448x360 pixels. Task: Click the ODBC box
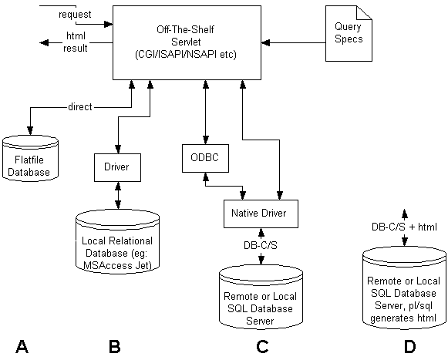[x=205, y=158]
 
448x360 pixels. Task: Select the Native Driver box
[x=261, y=214]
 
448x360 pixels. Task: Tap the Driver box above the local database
[x=117, y=167]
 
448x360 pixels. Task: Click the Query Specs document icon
[x=349, y=33]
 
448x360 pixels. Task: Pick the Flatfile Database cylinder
[x=30, y=158]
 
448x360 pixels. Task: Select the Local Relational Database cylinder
[x=117, y=242]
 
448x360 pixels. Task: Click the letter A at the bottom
[x=22, y=347]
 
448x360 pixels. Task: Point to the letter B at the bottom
[x=115, y=347]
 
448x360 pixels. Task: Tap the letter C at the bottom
[x=262, y=347]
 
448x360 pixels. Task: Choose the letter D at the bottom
[x=409, y=347]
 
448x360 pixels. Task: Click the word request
[x=75, y=15]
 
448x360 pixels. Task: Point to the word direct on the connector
[x=80, y=107]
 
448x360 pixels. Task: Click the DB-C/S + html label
[x=404, y=227]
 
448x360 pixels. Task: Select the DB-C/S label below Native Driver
[x=261, y=245]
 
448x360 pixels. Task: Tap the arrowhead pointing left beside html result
[x=44, y=43]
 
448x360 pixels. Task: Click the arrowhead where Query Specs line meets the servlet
[x=266, y=43]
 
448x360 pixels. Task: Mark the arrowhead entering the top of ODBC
[x=205, y=140]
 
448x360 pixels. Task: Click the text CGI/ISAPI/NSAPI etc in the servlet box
[x=186, y=54]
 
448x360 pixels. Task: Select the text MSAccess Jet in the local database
[x=117, y=265]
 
